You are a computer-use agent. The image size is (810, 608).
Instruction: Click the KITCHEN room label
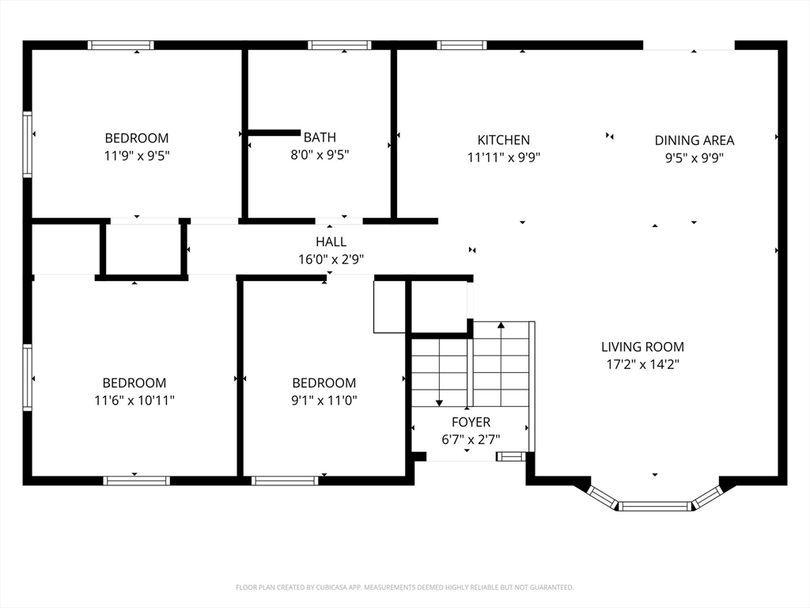pyautogui.click(x=503, y=140)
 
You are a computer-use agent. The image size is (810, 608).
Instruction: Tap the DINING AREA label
pyautogui.click(x=694, y=140)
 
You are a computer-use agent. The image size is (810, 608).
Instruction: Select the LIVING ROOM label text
pyautogui.click(x=642, y=347)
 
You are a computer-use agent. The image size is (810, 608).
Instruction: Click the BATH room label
pyautogui.click(x=320, y=138)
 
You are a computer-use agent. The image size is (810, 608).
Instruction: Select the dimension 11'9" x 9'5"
pyautogui.click(x=137, y=156)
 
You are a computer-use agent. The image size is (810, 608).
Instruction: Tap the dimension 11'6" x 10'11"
pyautogui.click(x=134, y=401)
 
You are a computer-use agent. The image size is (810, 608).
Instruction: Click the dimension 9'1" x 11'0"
pyautogui.click(x=324, y=401)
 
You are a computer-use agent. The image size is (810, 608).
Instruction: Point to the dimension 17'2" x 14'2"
pyautogui.click(x=642, y=365)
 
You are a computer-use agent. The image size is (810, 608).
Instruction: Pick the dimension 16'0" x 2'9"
pyautogui.click(x=331, y=259)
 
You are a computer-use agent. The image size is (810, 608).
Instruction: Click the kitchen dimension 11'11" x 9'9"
pyautogui.click(x=503, y=158)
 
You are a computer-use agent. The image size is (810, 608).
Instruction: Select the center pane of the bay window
pyautogui.click(x=655, y=506)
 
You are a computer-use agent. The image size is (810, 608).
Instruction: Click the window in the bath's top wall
pyautogui.click(x=339, y=45)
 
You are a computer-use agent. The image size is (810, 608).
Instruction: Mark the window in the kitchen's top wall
pyautogui.click(x=461, y=45)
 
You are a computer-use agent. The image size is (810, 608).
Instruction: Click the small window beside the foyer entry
pyautogui.click(x=510, y=456)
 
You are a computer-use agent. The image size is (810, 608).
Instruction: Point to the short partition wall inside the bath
pyautogui.click(x=274, y=133)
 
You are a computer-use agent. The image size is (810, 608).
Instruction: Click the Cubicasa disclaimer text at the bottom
pyautogui.click(x=404, y=587)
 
